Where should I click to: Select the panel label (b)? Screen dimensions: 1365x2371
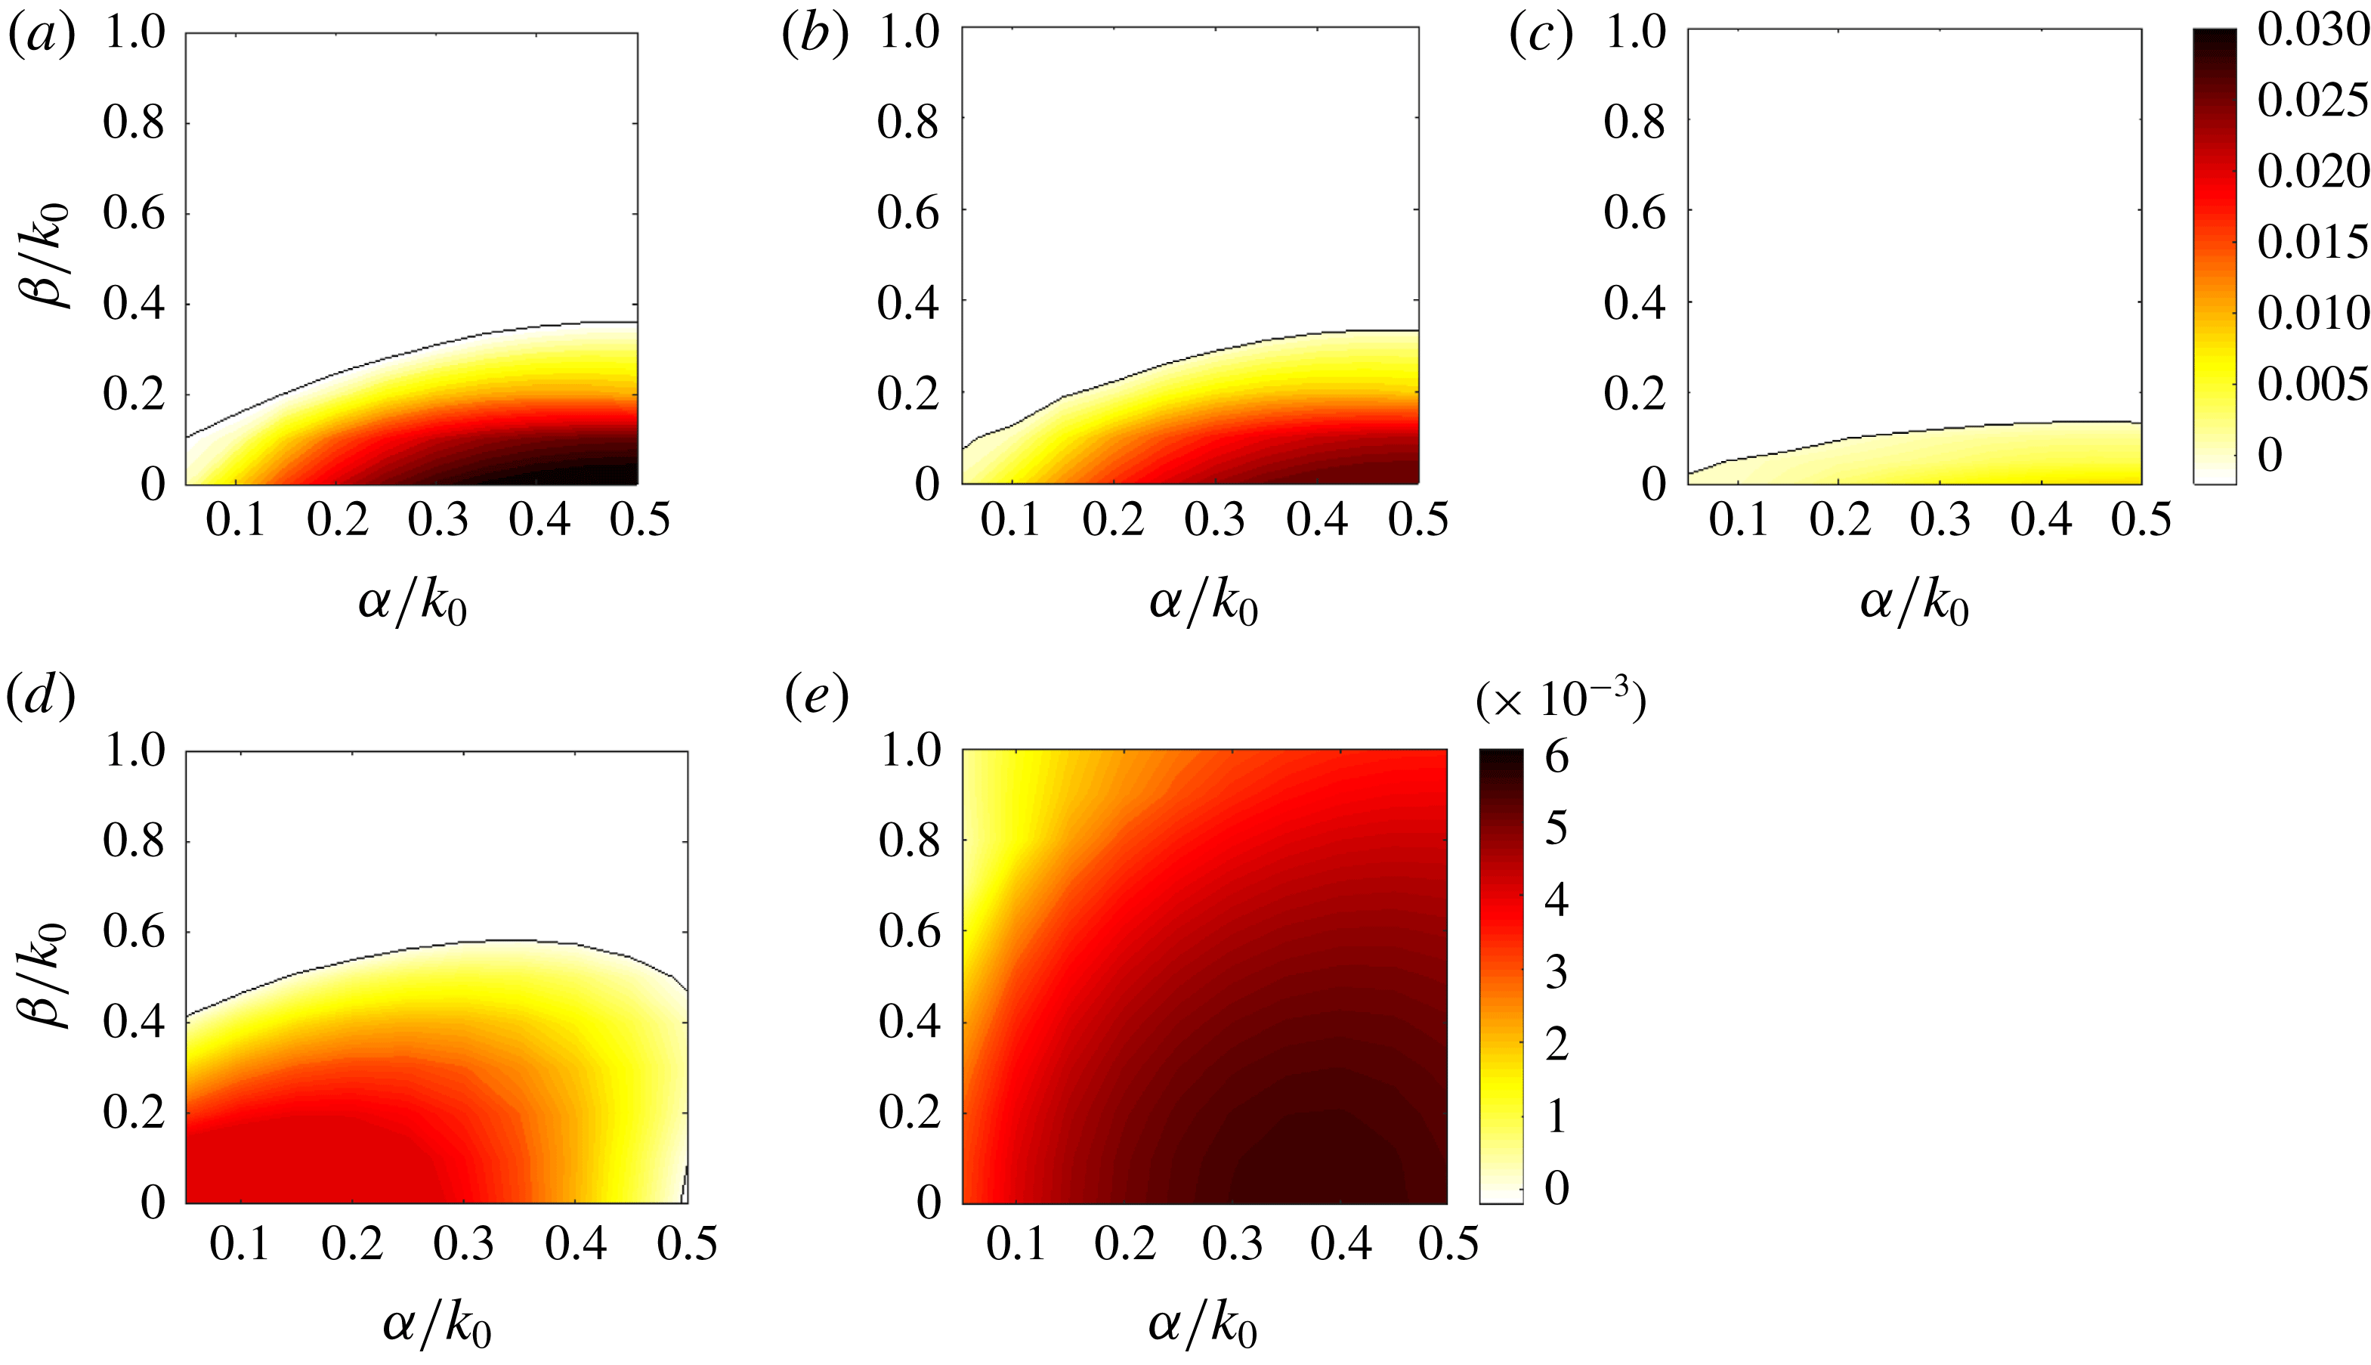[x=815, y=36]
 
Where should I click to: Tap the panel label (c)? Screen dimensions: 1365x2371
[x=1541, y=36]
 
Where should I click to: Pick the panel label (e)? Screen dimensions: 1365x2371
[x=815, y=697]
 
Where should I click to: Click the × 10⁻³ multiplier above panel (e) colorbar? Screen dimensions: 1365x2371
[x=1560, y=701]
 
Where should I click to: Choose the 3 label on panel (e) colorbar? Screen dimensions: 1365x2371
[x=1556, y=972]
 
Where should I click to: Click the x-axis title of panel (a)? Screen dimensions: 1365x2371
[x=413, y=603]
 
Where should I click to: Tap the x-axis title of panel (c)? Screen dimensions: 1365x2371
[x=1914, y=603]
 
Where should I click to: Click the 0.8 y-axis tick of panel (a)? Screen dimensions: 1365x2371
[x=133, y=122]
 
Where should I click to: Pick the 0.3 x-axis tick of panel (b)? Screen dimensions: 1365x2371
[x=1214, y=520]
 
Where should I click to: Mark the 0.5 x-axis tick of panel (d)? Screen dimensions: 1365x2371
[x=687, y=1244]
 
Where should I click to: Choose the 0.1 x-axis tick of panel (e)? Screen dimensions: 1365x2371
[x=1017, y=1244]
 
